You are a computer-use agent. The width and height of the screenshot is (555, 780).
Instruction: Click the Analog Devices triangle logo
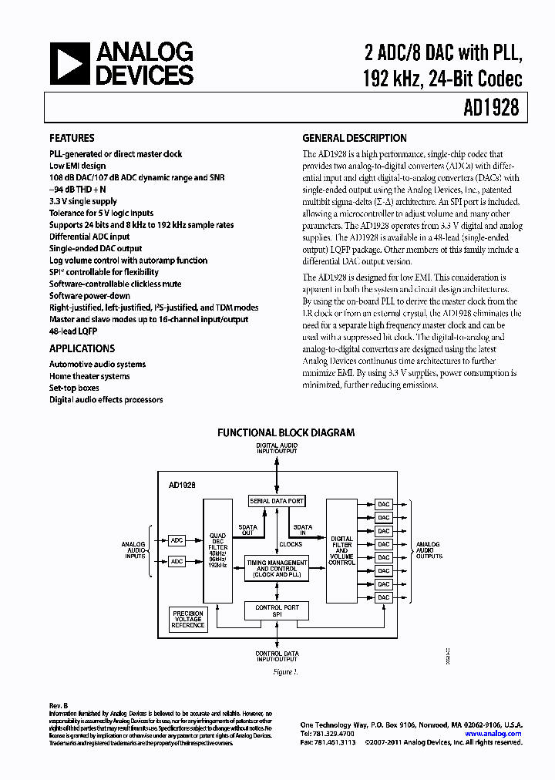68,62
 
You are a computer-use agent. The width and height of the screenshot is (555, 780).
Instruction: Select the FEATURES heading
72,139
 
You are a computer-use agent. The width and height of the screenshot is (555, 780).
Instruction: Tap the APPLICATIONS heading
82,348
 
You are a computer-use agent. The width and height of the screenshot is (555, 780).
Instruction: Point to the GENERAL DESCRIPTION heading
355,139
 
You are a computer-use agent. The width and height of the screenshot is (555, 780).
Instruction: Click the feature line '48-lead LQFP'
75,331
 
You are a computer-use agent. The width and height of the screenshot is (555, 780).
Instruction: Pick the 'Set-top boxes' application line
74,388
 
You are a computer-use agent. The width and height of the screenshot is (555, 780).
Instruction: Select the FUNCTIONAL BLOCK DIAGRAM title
286,433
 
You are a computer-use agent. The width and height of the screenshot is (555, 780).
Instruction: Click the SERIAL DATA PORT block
276,501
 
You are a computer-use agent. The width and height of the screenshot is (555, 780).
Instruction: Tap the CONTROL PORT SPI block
276,611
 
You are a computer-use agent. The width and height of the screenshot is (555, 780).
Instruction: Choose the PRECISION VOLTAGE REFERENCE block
188,619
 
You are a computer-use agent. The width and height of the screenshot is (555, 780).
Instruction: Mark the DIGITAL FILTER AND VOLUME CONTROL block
341,550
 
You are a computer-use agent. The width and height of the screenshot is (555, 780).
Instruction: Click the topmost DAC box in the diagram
383,504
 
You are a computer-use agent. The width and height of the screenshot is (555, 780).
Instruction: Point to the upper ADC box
177,540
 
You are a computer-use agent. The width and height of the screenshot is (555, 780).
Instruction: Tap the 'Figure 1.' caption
284,672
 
